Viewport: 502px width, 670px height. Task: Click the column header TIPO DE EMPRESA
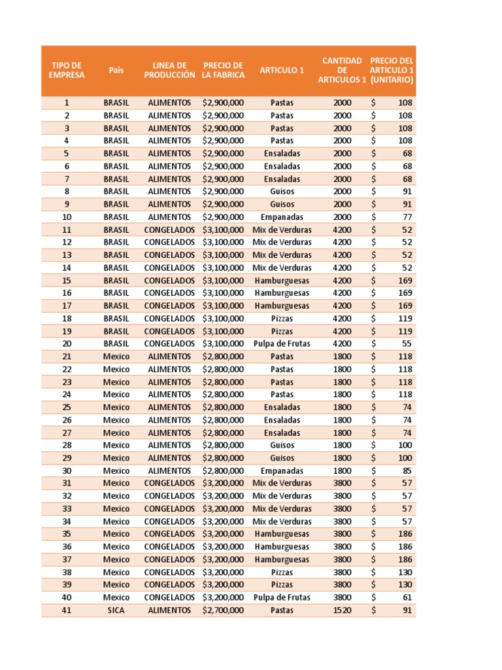point(66,70)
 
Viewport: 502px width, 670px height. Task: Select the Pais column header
point(116,70)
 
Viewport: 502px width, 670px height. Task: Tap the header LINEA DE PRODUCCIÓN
point(169,70)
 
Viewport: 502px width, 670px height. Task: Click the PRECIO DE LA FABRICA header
point(223,70)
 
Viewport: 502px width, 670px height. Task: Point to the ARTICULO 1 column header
point(282,70)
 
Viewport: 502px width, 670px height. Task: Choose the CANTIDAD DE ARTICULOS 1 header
point(342,70)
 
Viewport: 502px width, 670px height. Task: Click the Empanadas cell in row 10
point(282,217)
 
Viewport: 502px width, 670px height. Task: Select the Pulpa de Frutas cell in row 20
point(282,344)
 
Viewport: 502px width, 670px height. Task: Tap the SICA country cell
point(116,610)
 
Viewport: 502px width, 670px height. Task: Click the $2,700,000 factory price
point(223,610)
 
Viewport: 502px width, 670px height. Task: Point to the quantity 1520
point(342,610)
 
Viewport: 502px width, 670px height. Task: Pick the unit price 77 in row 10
point(406,217)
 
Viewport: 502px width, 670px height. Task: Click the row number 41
point(66,610)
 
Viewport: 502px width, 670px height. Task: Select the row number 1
point(66,103)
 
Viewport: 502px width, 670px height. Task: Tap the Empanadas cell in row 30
point(282,470)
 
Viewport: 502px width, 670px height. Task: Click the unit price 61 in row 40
point(406,597)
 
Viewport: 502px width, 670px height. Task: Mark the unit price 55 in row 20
point(406,344)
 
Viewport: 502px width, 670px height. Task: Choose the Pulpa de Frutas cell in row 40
point(282,597)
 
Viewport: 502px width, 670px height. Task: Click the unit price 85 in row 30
point(406,470)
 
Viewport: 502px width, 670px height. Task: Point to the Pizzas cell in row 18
point(282,319)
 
